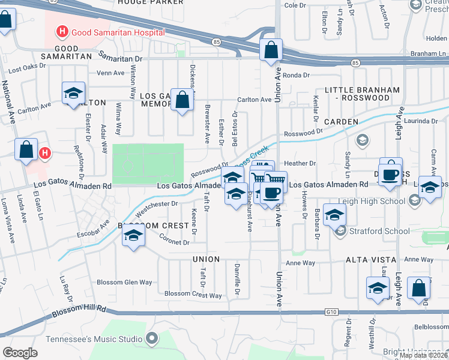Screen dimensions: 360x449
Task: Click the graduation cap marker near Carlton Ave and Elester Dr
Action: point(73,94)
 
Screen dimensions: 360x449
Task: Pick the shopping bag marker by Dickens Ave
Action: point(182,101)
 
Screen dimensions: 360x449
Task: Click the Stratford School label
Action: point(372,230)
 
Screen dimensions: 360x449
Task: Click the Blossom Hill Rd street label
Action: point(79,311)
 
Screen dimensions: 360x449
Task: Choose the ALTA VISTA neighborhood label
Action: point(370,259)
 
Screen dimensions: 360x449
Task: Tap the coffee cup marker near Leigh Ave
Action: point(390,175)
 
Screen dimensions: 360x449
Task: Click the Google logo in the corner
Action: point(20,352)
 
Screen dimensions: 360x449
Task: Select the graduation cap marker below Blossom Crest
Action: point(133,238)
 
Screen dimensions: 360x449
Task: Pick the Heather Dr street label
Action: point(300,163)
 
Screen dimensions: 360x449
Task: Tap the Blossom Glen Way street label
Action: point(125,282)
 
